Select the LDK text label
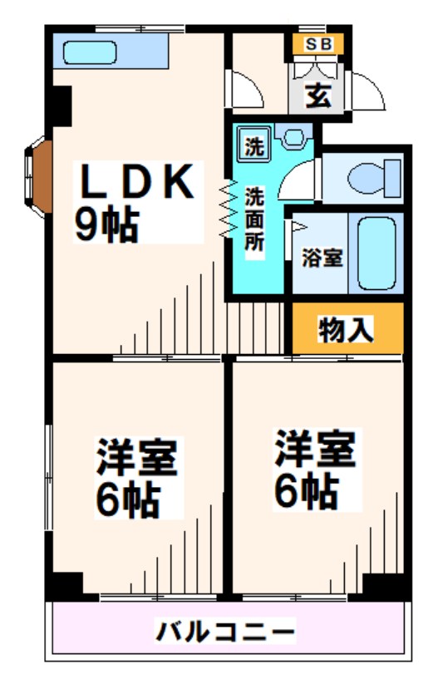point(137,182)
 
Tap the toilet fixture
point(366,177)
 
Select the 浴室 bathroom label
point(322,257)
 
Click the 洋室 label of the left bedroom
point(137,456)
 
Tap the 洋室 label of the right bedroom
point(316,450)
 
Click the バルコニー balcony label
point(225,632)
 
